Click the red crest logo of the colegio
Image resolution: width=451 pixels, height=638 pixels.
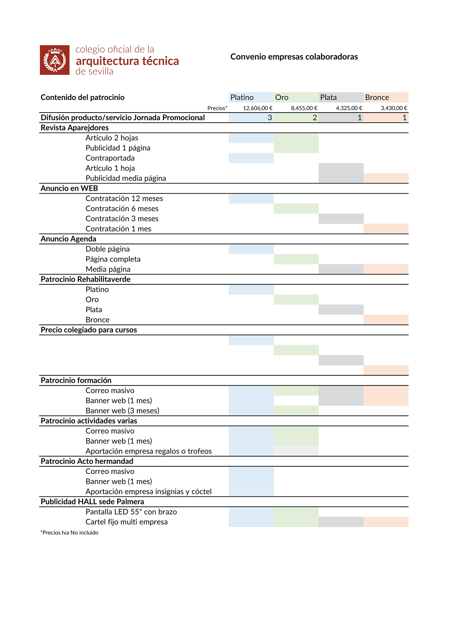pos(55,60)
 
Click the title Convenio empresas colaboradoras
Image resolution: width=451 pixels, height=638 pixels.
pos(294,57)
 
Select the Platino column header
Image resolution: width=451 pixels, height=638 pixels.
pos(242,97)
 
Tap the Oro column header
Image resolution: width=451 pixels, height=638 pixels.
pos(282,97)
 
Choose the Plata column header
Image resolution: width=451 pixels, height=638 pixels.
pos(328,97)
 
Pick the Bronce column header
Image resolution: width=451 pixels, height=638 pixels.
pos(377,97)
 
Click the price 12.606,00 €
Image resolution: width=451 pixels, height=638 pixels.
pos(258,108)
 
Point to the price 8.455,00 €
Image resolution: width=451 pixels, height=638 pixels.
pos(304,108)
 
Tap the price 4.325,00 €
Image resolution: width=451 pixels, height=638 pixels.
pos(349,108)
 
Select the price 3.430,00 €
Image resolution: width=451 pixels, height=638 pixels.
pos(394,108)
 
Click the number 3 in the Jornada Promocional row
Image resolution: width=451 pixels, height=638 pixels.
pos(270,118)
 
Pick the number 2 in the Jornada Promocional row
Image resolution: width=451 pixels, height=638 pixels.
pos(315,118)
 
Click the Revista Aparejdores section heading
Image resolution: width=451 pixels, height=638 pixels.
pos(75,128)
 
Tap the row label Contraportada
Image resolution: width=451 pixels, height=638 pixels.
pos(110,158)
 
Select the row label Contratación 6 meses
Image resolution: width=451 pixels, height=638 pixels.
pos(122,209)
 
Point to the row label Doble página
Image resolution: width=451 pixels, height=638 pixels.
pos(107,249)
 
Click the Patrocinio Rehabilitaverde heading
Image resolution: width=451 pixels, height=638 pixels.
pos(85,279)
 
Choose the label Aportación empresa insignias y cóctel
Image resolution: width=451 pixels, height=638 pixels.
pos(148,492)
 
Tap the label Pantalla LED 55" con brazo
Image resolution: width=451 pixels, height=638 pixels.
pos(131,512)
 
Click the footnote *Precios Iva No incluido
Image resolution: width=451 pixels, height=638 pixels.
pos(69,532)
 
